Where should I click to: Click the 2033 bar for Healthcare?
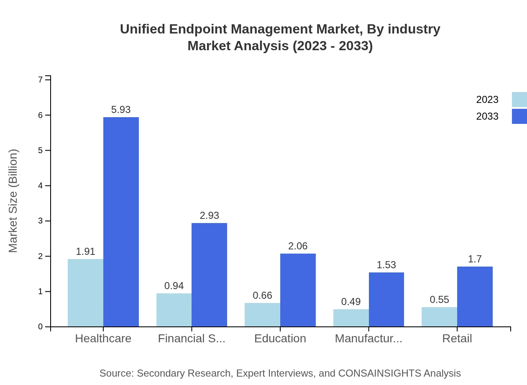point(121,222)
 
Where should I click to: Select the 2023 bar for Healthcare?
point(85,293)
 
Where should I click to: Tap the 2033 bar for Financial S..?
point(209,275)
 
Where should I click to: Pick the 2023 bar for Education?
point(262,315)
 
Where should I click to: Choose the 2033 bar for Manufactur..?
point(386,299)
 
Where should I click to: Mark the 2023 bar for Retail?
point(439,317)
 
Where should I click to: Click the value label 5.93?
point(121,110)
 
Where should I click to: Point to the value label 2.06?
point(298,246)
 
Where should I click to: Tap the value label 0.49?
point(351,302)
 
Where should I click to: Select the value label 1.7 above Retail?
point(475,259)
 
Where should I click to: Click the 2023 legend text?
point(487,100)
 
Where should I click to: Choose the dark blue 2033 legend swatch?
point(519,116)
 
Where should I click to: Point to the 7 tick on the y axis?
point(41,80)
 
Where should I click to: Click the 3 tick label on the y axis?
point(41,221)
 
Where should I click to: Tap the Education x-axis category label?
point(280,339)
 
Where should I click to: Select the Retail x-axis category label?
point(457,339)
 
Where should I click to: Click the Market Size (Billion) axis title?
point(13,201)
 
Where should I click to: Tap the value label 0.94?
point(174,286)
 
